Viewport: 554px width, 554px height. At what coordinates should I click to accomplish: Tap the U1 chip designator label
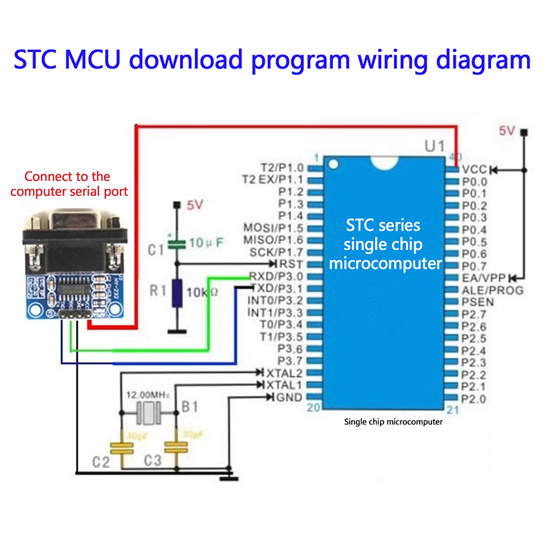tap(434, 147)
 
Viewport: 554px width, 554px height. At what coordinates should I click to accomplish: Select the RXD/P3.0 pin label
tap(276, 276)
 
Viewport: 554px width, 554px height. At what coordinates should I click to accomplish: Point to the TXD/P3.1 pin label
tap(276, 288)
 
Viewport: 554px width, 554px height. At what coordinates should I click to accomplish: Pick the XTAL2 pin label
tap(285, 373)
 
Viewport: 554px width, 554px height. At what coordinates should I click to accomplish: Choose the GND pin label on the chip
tap(289, 397)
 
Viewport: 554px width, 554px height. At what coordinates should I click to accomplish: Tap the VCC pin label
tap(475, 169)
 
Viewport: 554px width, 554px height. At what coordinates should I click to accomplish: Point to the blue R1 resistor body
tap(178, 293)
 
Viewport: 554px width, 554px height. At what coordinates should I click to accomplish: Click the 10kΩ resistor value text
tap(203, 293)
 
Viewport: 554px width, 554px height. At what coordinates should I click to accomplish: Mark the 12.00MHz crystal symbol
tap(149, 413)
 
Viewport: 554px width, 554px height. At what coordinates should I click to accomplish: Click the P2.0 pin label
tap(474, 398)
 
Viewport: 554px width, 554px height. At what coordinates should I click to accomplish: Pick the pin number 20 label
tap(314, 408)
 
